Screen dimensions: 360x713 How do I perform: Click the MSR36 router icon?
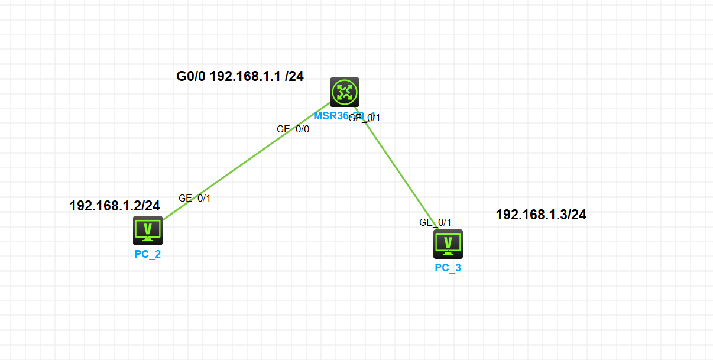tap(345, 92)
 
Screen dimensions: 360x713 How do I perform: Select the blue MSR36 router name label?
tap(331, 116)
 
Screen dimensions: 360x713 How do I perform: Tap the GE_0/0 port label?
tap(293, 129)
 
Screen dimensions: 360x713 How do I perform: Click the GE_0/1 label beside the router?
tap(365, 118)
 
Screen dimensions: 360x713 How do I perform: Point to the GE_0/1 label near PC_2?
tap(195, 199)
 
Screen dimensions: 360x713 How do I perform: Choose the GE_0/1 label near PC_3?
tap(435, 223)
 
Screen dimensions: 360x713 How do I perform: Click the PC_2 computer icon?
tap(148, 230)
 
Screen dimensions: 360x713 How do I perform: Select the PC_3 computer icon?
tap(448, 244)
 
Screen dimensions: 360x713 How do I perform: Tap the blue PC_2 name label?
tap(148, 255)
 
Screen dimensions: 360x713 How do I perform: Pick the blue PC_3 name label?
tap(448, 268)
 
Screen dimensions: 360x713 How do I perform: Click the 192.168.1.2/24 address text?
tap(115, 206)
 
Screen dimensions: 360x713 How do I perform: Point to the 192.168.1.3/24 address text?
tap(541, 215)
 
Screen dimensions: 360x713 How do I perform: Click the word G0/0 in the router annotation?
tap(191, 76)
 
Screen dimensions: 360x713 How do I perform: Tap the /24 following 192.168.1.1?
tap(294, 76)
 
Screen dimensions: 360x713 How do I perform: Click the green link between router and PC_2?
tap(242, 167)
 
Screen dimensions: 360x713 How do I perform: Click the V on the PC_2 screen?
tap(148, 228)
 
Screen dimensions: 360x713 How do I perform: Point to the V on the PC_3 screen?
tap(448, 241)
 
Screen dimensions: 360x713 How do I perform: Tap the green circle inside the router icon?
tap(345, 92)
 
